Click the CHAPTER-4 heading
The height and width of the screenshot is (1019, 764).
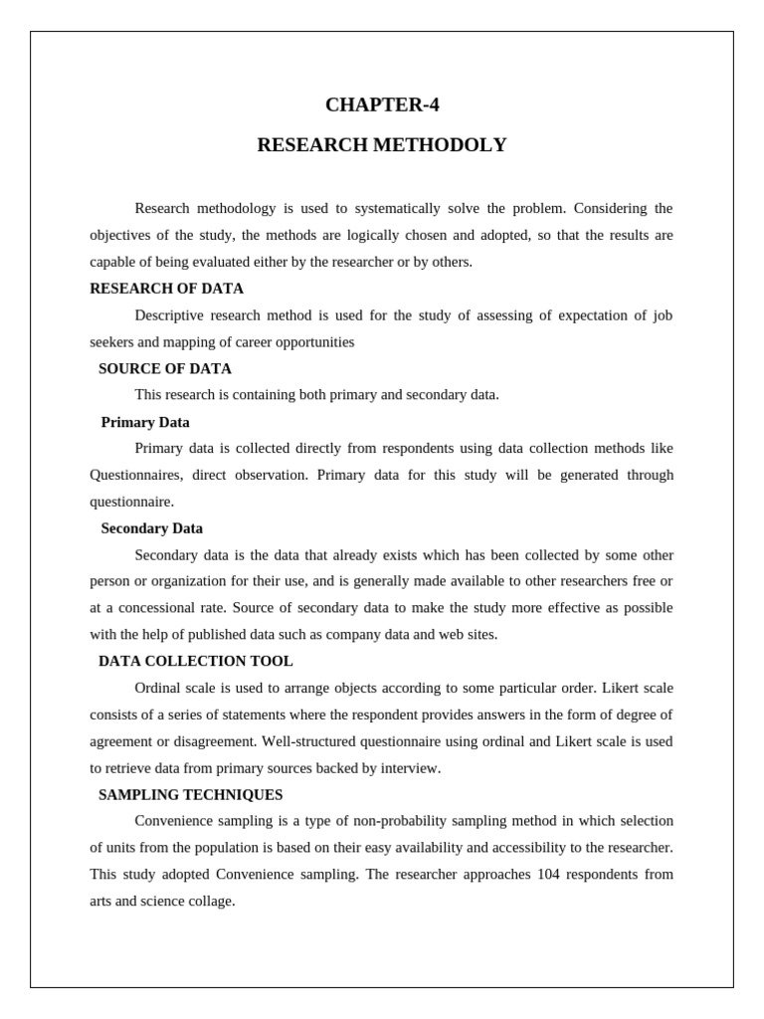point(382,104)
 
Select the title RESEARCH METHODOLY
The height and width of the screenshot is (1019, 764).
point(382,145)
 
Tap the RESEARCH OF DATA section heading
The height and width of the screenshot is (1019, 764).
point(166,289)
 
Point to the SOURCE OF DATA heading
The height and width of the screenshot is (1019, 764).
point(165,368)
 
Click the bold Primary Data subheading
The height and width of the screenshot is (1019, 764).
point(145,422)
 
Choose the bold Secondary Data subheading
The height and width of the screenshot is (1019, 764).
point(151,528)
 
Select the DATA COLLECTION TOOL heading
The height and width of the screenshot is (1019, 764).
point(196,661)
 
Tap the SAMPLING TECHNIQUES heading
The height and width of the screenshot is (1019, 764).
point(190,795)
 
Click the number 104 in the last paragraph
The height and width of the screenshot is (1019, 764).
point(548,874)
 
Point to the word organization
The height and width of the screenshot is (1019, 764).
point(185,581)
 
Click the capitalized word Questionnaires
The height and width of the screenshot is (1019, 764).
point(136,475)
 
